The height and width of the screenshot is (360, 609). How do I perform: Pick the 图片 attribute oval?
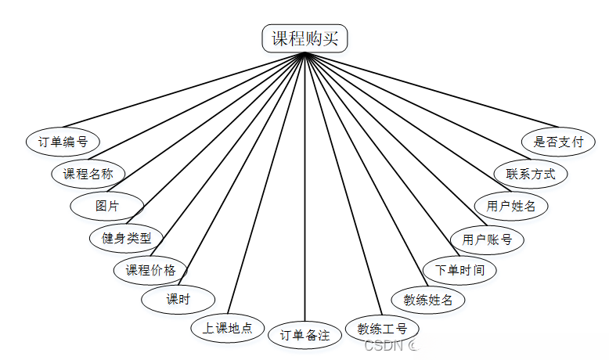click(107, 206)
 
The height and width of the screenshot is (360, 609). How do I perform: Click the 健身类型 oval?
click(126, 237)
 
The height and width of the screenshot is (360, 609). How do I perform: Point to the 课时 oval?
click(178, 298)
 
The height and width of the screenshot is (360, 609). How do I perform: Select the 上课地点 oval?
click(227, 328)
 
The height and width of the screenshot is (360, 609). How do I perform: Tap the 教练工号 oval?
click(382, 329)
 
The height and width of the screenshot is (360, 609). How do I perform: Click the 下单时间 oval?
click(459, 270)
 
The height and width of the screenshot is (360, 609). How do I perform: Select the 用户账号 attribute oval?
click(487, 239)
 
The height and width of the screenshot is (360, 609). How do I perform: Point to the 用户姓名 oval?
click(511, 206)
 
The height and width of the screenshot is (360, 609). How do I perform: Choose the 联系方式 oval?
click(531, 173)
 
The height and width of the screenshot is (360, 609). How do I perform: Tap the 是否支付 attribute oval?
click(558, 142)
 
